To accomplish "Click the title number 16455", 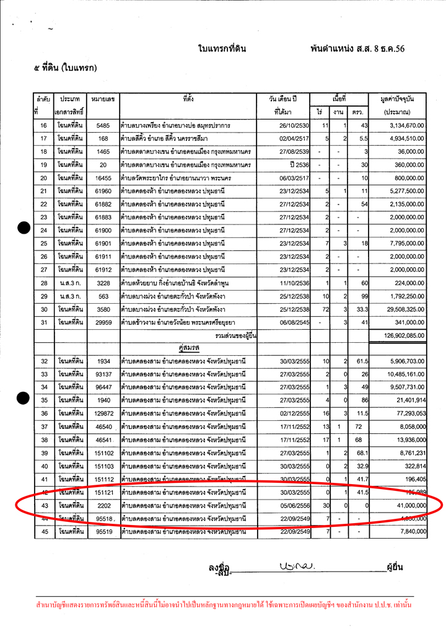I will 103,178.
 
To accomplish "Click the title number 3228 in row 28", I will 103,283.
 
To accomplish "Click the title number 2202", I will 103,505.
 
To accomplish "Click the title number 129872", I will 103,413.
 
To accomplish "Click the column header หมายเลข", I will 103,99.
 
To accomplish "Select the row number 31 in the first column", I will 44,322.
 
